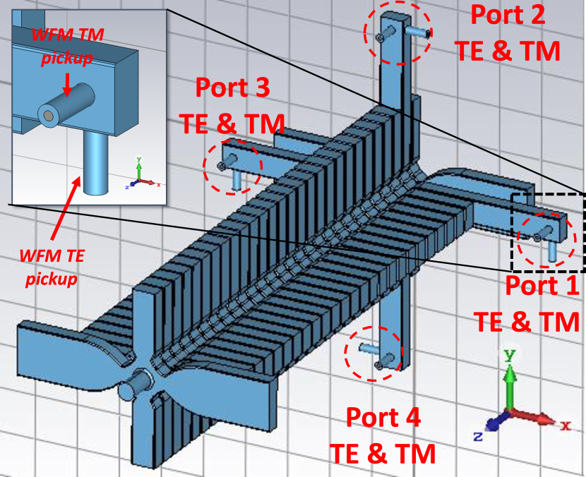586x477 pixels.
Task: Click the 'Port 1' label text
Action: pyautogui.click(x=541, y=286)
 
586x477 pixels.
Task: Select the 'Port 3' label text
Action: pyautogui.click(x=232, y=88)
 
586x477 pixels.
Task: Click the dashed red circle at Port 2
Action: pyautogui.click(x=397, y=32)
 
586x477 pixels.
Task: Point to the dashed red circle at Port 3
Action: pyautogui.click(x=232, y=167)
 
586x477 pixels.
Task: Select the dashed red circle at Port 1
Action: pyautogui.click(x=545, y=240)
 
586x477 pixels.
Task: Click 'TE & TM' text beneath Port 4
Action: pyautogui.click(x=383, y=453)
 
